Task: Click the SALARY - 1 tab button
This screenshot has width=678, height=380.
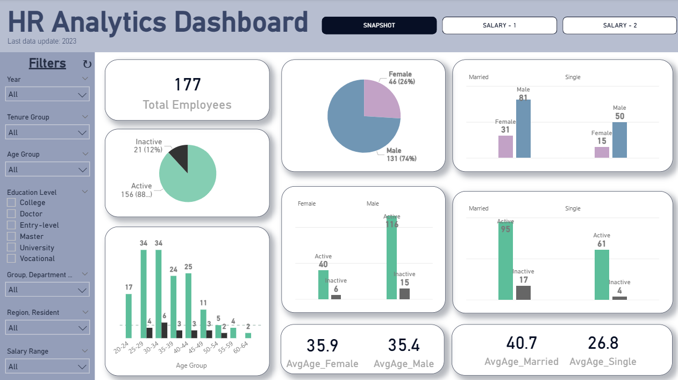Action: (499, 25)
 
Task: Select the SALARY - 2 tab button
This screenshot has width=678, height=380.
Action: (620, 25)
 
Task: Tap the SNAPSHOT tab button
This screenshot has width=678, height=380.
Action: (379, 25)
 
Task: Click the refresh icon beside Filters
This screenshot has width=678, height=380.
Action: (87, 65)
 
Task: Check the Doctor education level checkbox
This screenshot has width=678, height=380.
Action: (11, 214)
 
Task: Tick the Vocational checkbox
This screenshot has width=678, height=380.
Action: (11, 258)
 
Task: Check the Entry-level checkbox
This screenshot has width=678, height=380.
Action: (11, 225)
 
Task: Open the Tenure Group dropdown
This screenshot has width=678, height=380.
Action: (48, 132)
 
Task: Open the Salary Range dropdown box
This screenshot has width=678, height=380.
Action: (48, 367)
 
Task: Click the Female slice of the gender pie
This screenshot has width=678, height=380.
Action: (381, 100)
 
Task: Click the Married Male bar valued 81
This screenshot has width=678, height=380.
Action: (523, 129)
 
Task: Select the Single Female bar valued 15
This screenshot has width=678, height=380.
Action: (602, 152)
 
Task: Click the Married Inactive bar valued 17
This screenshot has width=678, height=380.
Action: (523, 292)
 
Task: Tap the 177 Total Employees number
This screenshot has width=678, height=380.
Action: (187, 85)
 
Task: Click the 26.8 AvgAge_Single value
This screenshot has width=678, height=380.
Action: (603, 343)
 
